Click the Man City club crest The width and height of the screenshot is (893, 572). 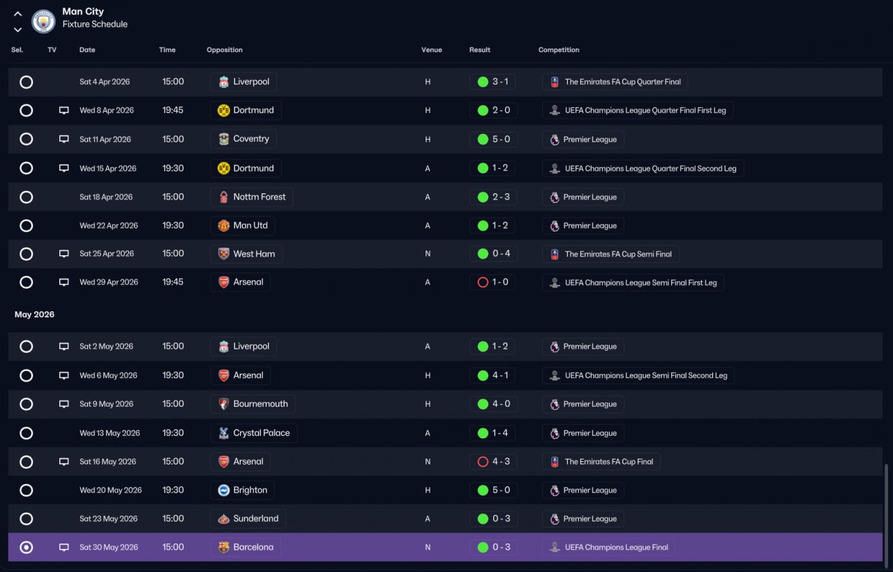[43, 21]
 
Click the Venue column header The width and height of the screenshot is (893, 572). [431, 50]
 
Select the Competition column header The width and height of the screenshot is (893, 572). [559, 50]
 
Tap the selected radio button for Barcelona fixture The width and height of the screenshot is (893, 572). [27, 547]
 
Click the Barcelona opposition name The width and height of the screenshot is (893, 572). [253, 547]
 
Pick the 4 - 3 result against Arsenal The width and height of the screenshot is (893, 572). [501, 461]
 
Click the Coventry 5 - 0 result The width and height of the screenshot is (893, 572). [501, 139]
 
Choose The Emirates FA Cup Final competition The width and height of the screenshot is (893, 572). [609, 461]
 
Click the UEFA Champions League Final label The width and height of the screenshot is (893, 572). [616, 548]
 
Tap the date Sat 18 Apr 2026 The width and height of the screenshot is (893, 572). [105, 197]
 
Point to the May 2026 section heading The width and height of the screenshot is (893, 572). [34, 315]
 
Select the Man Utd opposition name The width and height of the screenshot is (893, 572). [250, 225]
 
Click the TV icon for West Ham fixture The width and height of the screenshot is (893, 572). [63, 253]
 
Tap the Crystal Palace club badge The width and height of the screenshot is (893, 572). [224, 433]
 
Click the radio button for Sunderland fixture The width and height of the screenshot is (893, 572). [27, 518]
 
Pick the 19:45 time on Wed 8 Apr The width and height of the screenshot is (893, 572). [172, 110]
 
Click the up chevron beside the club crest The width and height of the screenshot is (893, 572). [17, 14]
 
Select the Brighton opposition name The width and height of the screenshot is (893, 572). [250, 490]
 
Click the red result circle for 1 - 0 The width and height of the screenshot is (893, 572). [483, 283]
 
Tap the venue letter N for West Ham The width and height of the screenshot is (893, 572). [428, 253]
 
